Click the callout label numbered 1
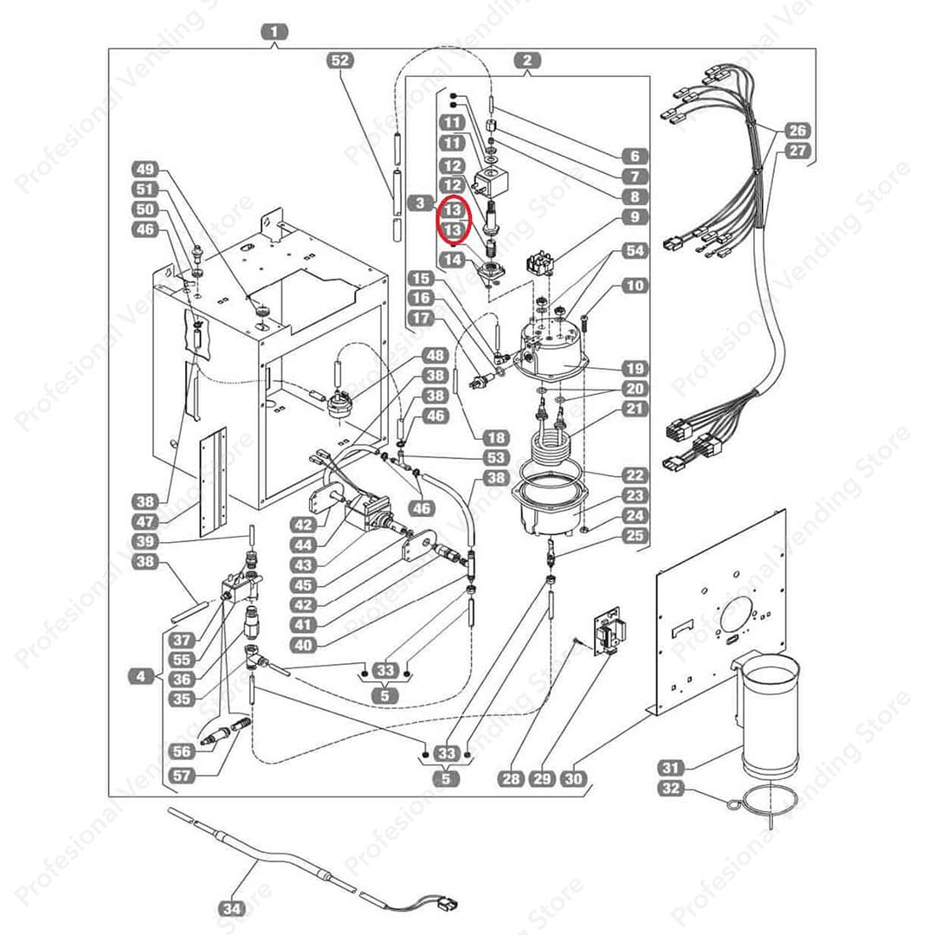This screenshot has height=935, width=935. tap(274, 33)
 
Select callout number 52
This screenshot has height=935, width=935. tap(341, 60)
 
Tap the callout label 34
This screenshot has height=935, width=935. tap(232, 909)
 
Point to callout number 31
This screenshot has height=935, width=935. tap(671, 767)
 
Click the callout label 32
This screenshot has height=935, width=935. tap(671, 788)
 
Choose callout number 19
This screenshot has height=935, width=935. tap(635, 368)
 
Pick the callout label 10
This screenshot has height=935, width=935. tap(635, 285)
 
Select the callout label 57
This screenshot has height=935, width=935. tap(182, 776)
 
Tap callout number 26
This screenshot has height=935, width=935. tap(797, 131)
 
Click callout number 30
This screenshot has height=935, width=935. tap(573, 779)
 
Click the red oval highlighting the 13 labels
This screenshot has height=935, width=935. tap(454, 220)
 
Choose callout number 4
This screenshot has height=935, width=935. tap(142, 676)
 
